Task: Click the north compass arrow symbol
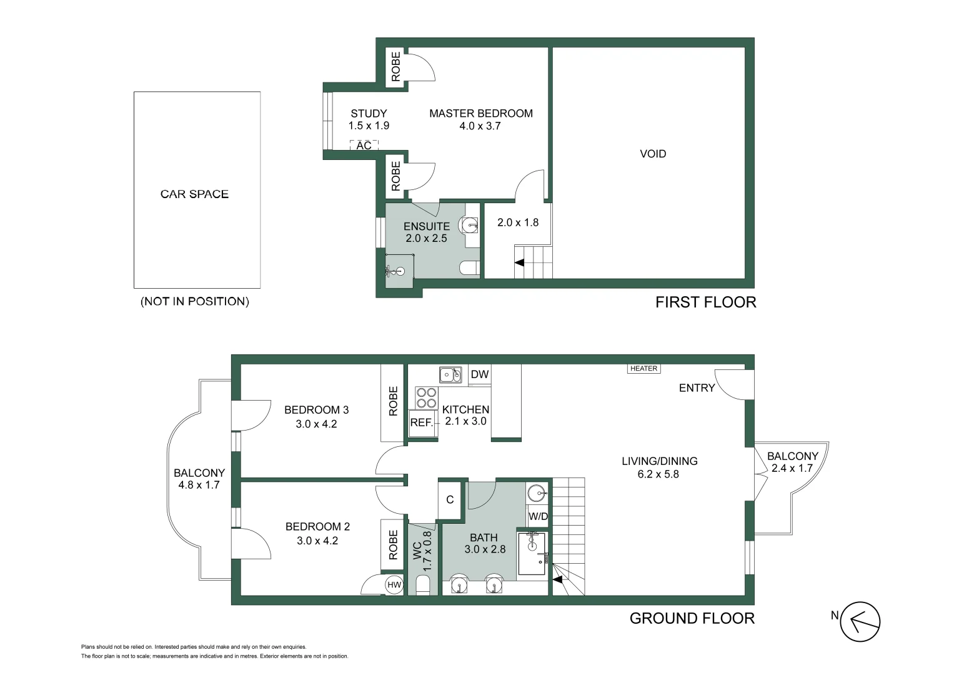click(x=860, y=622)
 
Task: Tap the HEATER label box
click(x=643, y=369)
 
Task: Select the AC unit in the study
click(x=364, y=146)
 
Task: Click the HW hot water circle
click(x=394, y=585)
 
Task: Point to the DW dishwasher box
click(x=479, y=374)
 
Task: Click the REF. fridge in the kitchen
click(x=421, y=422)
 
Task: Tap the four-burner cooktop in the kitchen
click(x=426, y=397)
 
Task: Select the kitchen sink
click(x=450, y=374)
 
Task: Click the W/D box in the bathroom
click(x=538, y=516)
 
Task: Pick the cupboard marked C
click(x=450, y=499)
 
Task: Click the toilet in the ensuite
click(x=469, y=269)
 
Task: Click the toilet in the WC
click(x=422, y=586)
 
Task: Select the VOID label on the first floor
click(x=653, y=154)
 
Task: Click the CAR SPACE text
click(x=194, y=194)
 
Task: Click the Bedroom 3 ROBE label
click(x=393, y=401)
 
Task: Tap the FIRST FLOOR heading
click(x=705, y=302)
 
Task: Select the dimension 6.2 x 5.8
click(x=658, y=474)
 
